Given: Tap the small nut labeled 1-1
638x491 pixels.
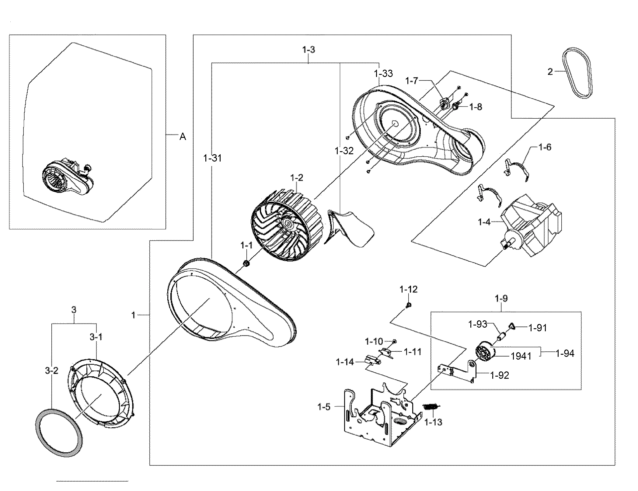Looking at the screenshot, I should (x=246, y=263).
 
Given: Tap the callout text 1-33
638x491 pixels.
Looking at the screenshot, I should (x=383, y=74).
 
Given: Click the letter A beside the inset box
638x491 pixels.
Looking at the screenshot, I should (x=183, y=137).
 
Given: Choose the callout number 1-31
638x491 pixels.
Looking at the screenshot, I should (x=212, y=158).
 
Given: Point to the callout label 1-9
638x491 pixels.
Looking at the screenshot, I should (x=501, y=298).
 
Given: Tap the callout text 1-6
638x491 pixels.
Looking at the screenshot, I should (x=545, y=148).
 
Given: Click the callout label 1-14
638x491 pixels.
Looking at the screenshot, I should (x=345, y=362).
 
